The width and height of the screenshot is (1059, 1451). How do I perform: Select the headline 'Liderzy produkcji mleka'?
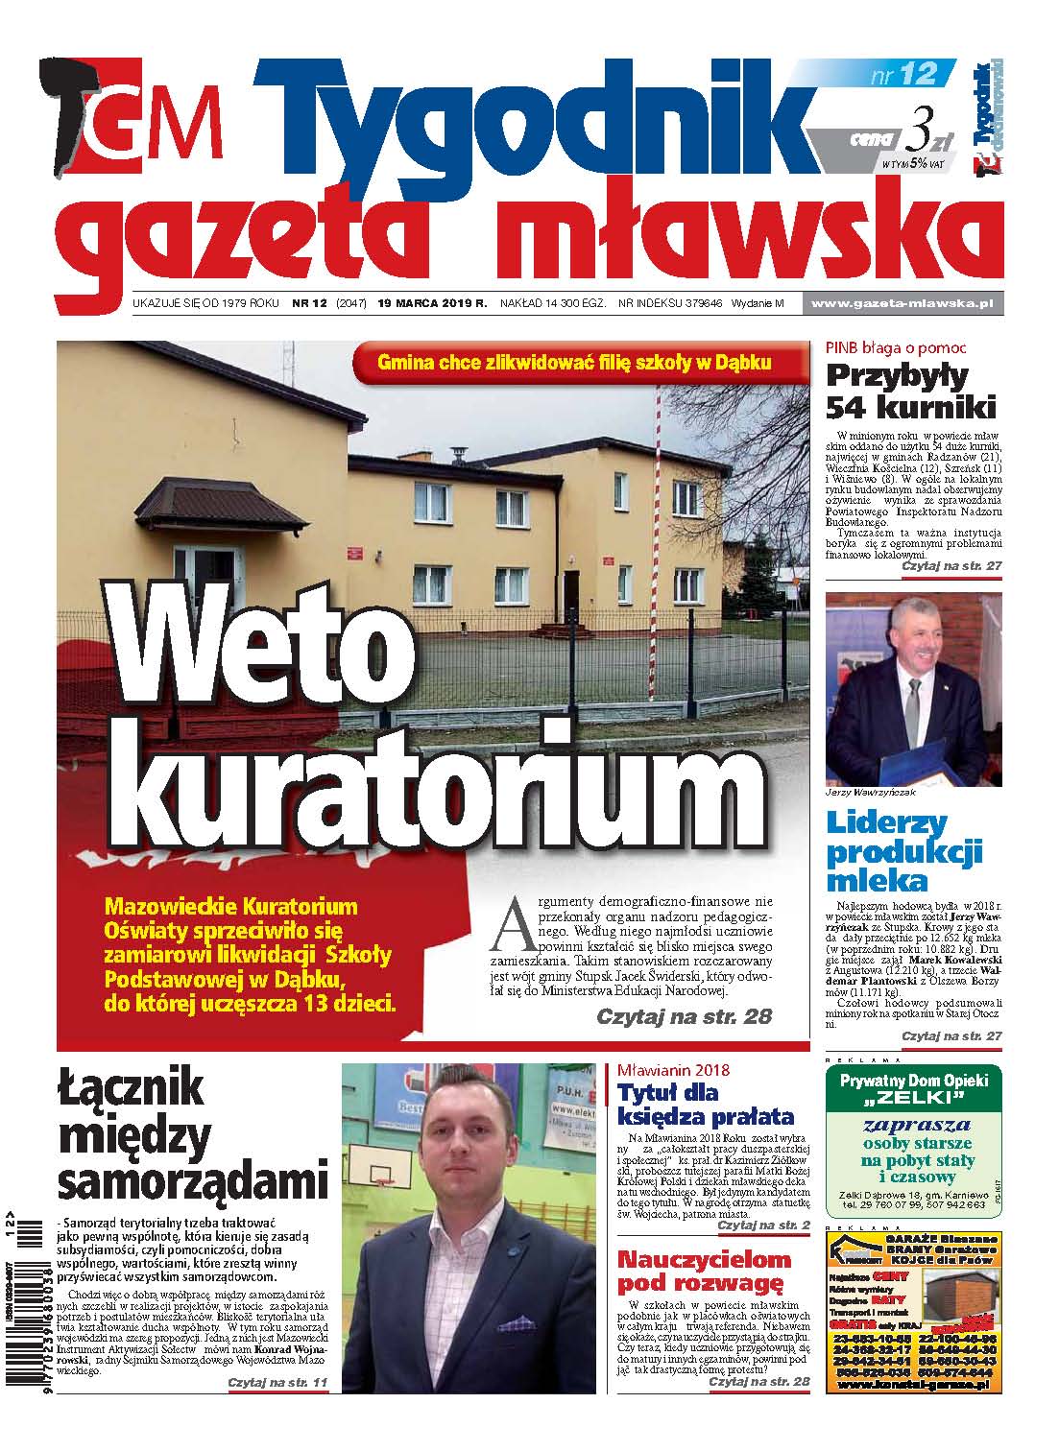[904, 851]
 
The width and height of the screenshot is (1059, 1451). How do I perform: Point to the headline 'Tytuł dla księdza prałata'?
[705, 1105]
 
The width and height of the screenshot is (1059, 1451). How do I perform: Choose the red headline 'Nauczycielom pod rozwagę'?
[703, 1272]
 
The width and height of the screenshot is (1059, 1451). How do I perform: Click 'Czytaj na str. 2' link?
[763, 1225]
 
